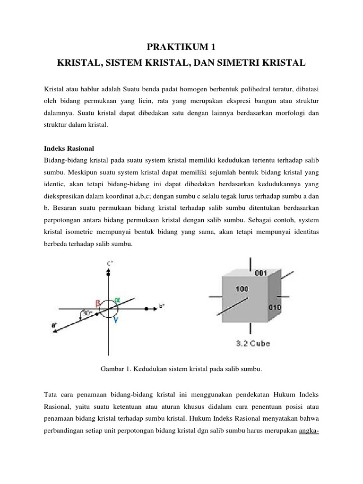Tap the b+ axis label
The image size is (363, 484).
pyautogui.click(x=162, y=306)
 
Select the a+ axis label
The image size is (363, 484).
pyautogui.click(x=54, y=325)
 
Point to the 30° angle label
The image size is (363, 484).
pyautogui.click(x=86, y=313)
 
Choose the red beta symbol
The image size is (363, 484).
pyautogui.click(x=98, y=304)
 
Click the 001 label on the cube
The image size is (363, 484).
pyautogui.click(x=261, y=273)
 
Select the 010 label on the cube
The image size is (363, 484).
pyautogui.click(x=275, y=307)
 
